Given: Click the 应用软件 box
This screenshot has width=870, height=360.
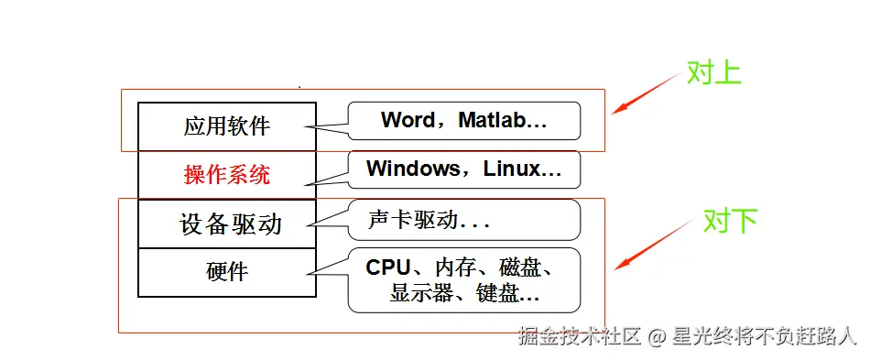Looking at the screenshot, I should (227, 126).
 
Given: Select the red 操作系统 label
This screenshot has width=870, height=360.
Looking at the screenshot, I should (227, 175).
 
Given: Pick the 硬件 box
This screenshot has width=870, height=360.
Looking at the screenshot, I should (227, 272).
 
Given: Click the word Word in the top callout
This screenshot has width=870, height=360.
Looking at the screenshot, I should (408, 120).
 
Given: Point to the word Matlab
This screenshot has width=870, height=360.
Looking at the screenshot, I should (495, 120).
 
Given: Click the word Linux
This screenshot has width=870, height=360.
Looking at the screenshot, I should (517, 169).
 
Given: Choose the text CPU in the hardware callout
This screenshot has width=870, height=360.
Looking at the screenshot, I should (388, 267).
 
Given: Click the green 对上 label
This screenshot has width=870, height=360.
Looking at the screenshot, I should (713, 73).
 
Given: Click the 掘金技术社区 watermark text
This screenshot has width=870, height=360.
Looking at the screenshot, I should (579, 336).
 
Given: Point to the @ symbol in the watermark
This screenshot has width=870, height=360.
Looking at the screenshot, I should (656, 337).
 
